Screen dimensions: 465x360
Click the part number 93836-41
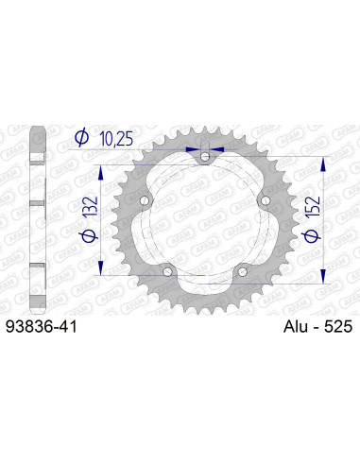coord(44,327)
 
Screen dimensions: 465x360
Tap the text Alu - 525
coord(316,327)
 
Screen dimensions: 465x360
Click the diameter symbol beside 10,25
coord(81,138)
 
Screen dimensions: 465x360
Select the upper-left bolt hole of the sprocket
coord(145,200)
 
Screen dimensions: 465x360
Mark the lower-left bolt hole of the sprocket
coord(167,271)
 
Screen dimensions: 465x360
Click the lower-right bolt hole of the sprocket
coord(241,271)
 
